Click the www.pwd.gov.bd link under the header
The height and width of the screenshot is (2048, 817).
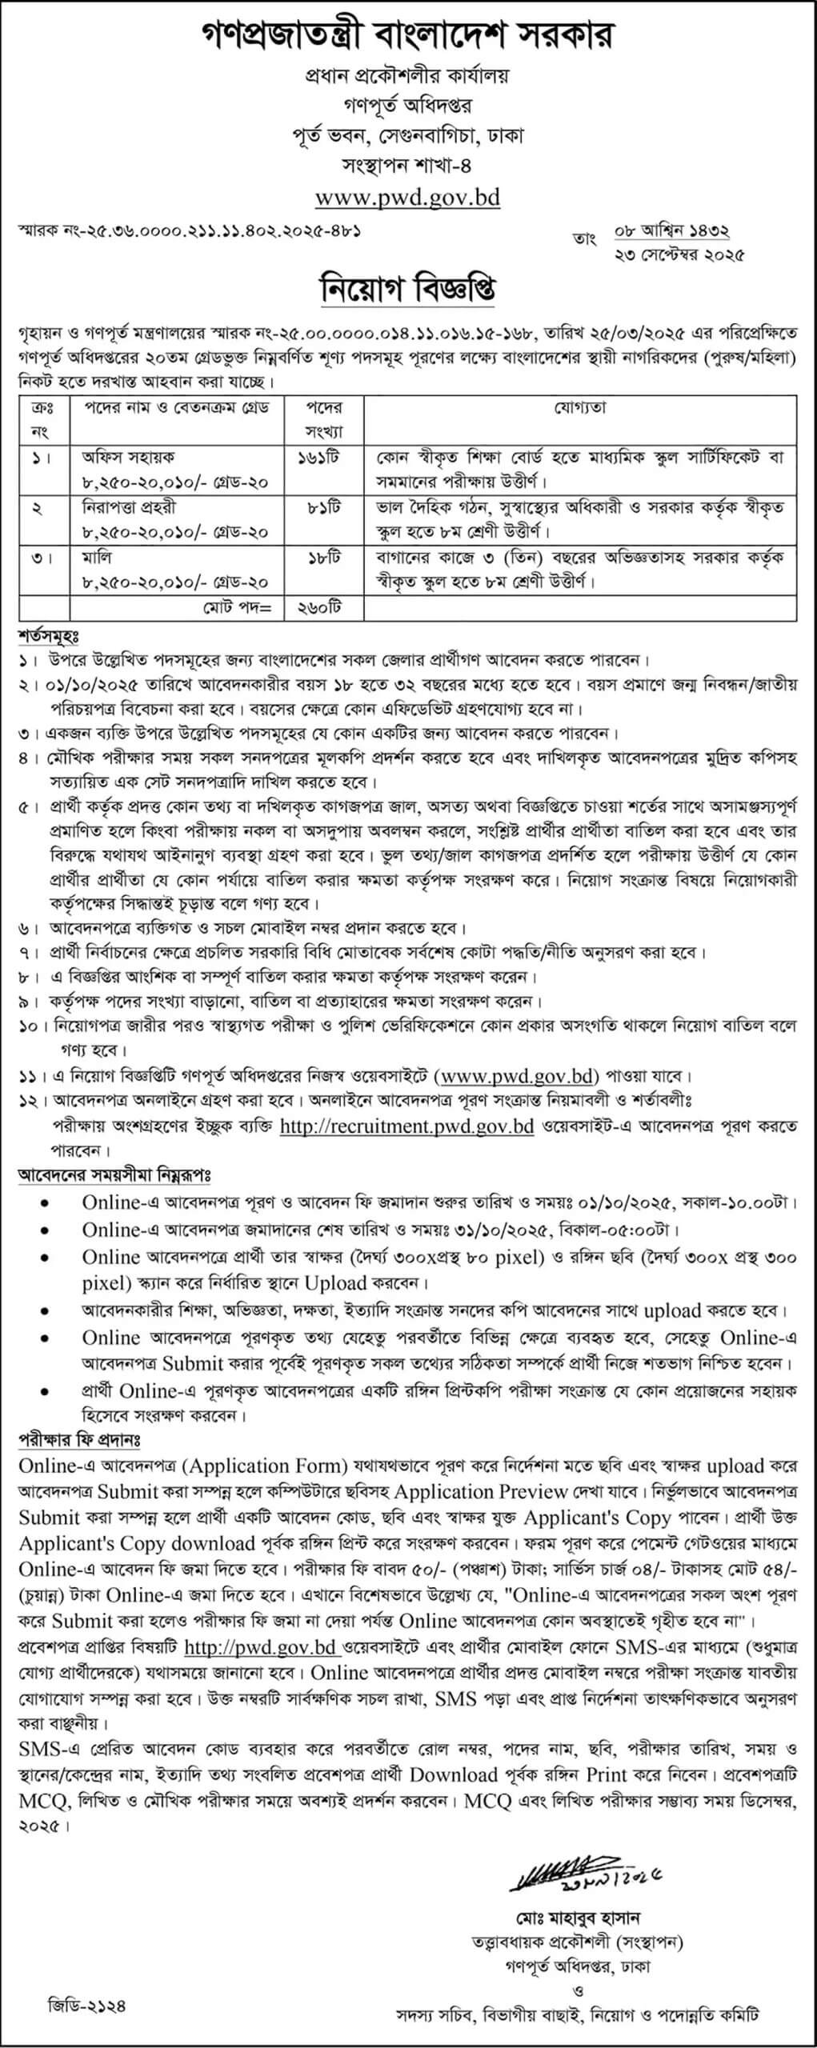click(407, 197)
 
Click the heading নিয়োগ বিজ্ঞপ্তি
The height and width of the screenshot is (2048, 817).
click(408, 289)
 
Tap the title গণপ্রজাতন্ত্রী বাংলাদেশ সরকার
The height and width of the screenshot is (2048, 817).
click(408, 36)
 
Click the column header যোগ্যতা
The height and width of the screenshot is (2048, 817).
click(579, 407)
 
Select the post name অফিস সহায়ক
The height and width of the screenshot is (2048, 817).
click(127, 457)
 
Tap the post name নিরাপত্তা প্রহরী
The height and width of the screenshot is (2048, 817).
click(129, 507)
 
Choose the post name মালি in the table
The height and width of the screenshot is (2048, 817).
click(97, 557)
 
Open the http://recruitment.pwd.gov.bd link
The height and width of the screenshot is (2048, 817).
click(406, 1126)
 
